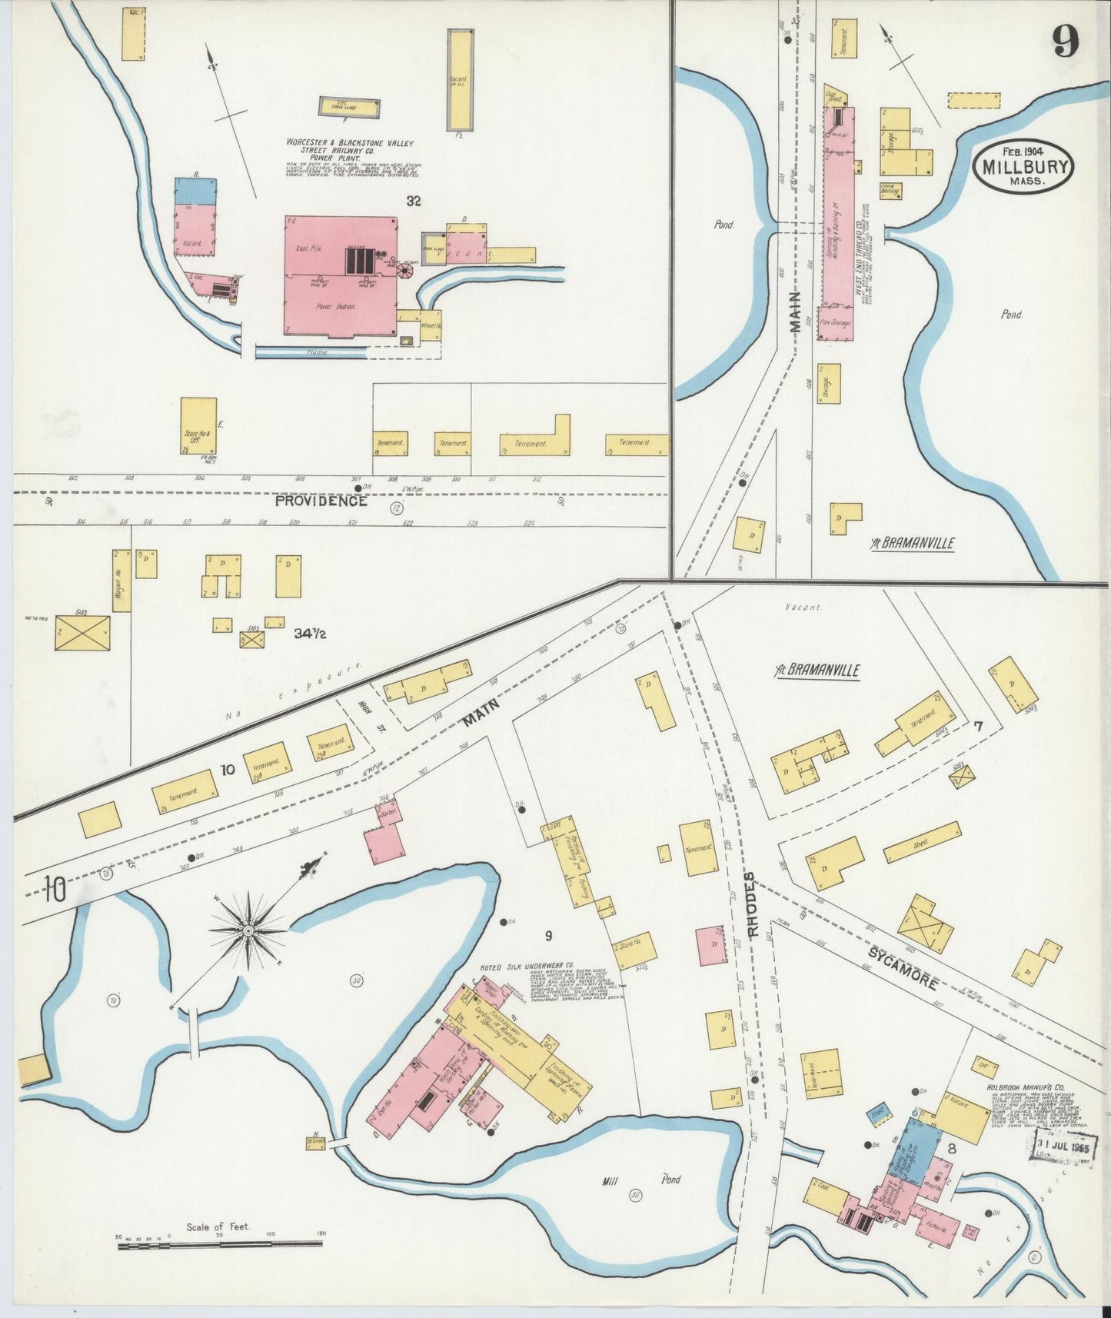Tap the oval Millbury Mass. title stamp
1023,166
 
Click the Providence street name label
321,501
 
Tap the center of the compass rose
249,931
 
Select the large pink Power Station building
341,277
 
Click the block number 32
414,201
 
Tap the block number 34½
311,634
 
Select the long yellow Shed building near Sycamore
922,843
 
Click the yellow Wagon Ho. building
121,581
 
